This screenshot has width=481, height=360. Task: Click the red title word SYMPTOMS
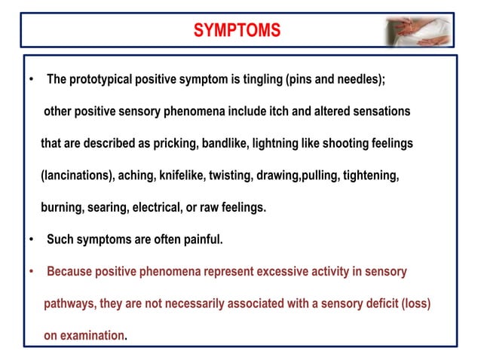coord(237,30)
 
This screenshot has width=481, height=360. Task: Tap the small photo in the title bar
coord(419,30)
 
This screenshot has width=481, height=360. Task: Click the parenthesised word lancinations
coord(77,175)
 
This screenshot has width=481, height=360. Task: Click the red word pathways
coord(69,304)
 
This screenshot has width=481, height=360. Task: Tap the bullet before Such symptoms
coord(31,239)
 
